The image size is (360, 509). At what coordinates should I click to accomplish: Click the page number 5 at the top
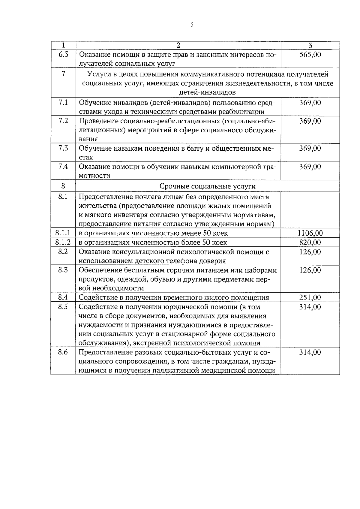pos(192,25)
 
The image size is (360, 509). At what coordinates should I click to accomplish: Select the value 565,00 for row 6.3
pos(310,55)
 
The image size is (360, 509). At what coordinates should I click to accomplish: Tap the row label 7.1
pos(63,103)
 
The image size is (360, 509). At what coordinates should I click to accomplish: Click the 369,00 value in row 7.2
pos(310,121)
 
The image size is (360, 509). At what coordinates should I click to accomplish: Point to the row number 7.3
pos(63,148)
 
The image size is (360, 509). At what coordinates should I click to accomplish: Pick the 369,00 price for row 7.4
pos(310,167)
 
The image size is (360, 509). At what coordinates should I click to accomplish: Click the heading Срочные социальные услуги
pos(208,186)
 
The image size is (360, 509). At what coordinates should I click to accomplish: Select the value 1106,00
pos(310,233)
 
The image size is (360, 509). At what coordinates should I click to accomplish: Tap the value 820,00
pos(310,242)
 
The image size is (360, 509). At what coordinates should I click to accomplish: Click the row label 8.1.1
pos(63,233)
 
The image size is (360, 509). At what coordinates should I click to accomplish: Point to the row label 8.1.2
pos(63,242)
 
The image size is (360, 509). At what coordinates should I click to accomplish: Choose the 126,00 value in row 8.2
pos(310,251)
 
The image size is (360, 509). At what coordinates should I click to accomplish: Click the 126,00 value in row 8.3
pos(310,270)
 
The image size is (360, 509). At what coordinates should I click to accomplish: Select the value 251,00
pos(310,297)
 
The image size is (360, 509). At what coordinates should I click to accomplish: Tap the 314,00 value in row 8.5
pos(310,307)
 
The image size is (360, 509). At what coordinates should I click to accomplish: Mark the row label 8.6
pos(63,352)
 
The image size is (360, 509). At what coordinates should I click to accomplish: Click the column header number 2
pos(178,45)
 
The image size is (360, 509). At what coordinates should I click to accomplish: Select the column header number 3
pos(310,45)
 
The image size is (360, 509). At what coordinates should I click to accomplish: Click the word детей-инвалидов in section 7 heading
pos(208,92)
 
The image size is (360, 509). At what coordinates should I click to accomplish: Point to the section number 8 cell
pos(63,186)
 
